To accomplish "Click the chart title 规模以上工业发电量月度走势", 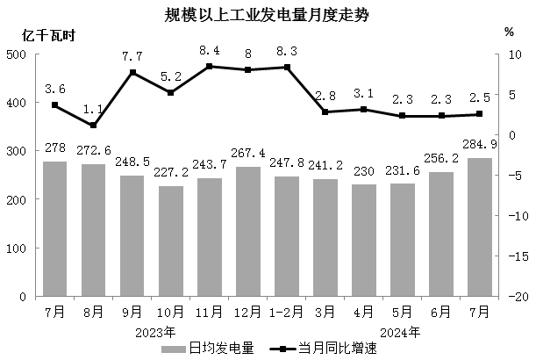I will tap(268, 15).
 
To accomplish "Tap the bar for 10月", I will tap(171, 241).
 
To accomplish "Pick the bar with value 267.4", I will tap(247, 232).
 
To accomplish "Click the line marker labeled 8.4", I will tap(210, 66).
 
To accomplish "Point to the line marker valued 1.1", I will tap(94, 126).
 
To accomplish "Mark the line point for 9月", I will tap(132, 72).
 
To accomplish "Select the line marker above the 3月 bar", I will tap(325, 112).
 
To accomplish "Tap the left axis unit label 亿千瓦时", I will tap(50, 36).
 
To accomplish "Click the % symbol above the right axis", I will tap(509, 32).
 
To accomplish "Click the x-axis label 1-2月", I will tap(286, 312).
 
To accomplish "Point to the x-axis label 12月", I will tap(247, 312).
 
